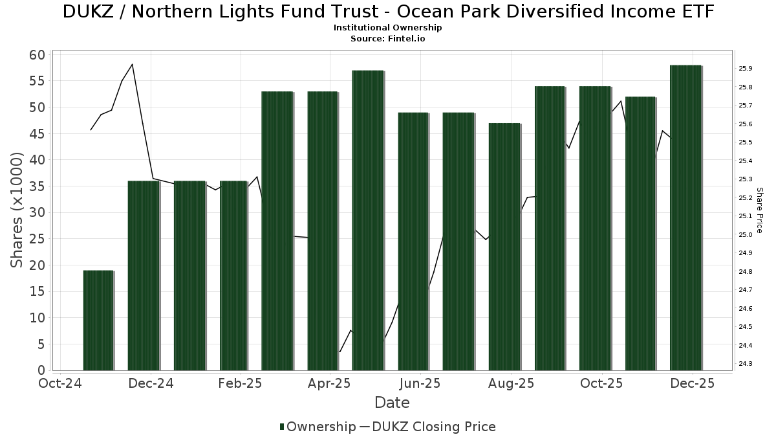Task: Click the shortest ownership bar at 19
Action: click(98, 320)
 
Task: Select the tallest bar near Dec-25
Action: click(685, 218)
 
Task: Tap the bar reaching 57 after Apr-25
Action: click(368, 220)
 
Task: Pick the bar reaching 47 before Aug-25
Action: click(504, 247)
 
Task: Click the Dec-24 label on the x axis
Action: click(150, 383)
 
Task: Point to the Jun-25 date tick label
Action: click(421, 383)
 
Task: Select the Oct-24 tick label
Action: click(59, 383)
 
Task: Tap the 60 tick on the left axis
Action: click(38, 54)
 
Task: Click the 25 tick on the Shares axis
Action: click(38, 239)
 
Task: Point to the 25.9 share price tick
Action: click(745, 69)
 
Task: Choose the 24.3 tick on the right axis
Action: click(745, 364)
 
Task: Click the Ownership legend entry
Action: click(318, 427)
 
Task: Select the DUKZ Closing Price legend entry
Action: click(427, 427)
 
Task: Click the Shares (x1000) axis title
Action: click(17, 210)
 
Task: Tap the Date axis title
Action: click(392, 403)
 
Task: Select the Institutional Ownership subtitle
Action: click(388, 28)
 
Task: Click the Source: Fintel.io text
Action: click(388, 38)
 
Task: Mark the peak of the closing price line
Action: click(132, 64)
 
